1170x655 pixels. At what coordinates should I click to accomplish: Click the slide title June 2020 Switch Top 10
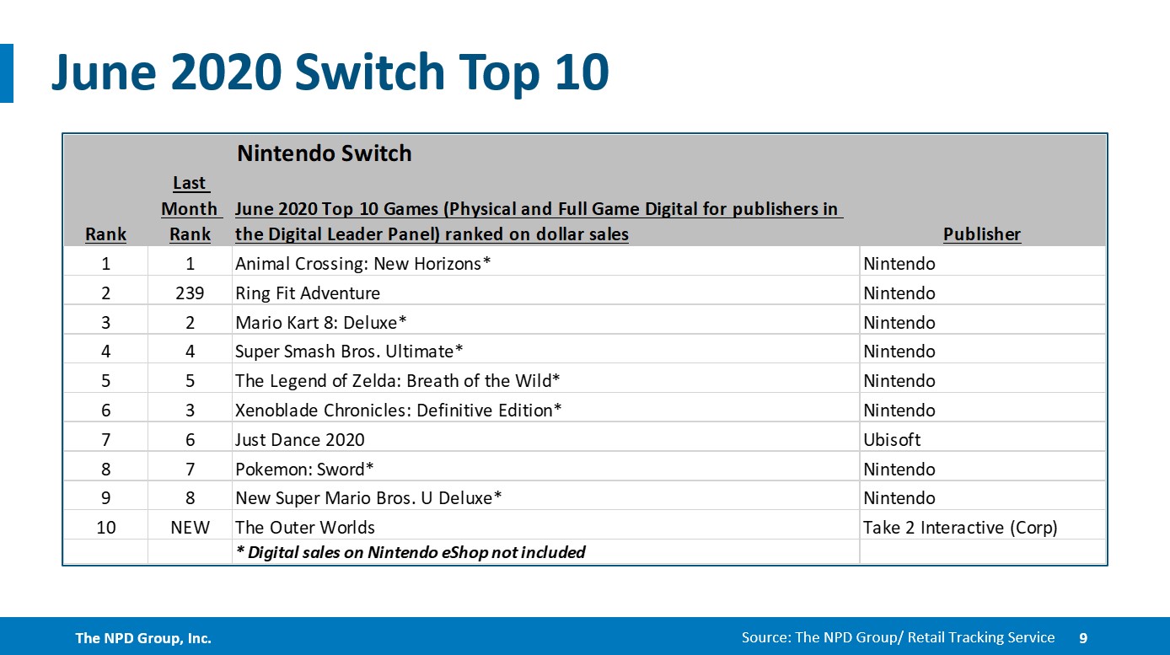point(330,73)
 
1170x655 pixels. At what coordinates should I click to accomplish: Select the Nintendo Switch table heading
point(324,153)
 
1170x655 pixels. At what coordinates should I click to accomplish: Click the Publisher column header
point(981,234)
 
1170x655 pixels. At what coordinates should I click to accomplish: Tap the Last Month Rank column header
point(190,208)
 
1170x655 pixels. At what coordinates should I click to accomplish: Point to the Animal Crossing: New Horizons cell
point(362,264)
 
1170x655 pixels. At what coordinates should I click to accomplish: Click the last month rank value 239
point(190,293)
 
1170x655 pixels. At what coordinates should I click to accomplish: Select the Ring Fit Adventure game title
point(308,293)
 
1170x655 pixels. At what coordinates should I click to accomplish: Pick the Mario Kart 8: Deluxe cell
point(325,323)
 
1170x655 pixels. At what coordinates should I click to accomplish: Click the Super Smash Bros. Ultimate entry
point(349,352)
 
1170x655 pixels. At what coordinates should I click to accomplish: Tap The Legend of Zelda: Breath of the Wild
point(397,381)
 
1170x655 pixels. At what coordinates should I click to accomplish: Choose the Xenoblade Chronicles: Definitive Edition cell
point(398,411)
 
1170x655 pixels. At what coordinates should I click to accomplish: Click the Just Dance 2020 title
point(299,440)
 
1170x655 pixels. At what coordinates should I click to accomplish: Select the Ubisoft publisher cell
point(892,440)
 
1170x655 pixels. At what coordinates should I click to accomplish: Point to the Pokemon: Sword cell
point(304,470)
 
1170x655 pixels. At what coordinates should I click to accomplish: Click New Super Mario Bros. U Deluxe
point(368,498)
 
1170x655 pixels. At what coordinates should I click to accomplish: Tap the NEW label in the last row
point(190,528)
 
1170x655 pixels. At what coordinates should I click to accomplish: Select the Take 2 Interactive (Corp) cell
point(959,528)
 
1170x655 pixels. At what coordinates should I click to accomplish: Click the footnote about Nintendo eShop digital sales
point(410,553)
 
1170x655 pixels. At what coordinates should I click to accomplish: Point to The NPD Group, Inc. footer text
point(143,638)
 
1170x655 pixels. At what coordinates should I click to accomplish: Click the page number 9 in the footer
point(1083,638)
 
